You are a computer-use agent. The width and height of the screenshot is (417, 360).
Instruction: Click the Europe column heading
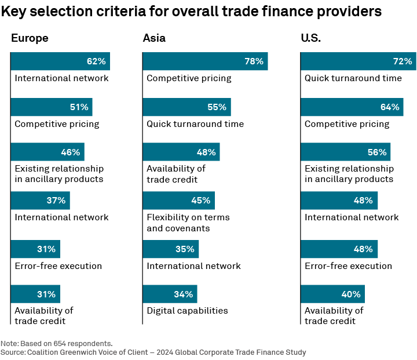click(x=30, y=38)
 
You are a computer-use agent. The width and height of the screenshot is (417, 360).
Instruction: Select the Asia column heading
click(x=154, y=38)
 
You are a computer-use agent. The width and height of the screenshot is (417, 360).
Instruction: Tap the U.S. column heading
click(x=311, y=38)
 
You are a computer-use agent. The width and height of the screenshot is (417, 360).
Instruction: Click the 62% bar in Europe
click(x=60, y=61)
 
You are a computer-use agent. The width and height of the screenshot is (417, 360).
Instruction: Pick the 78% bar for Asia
click(x=205, y=61)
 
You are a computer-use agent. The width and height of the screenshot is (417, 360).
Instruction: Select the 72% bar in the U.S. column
click(x=358, y=61)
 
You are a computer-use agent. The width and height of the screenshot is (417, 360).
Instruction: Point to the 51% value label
click(x=79, y=107)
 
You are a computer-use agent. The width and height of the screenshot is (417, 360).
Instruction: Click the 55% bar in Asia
click(x=186, y=107)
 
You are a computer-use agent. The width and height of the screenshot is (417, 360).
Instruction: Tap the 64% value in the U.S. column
click(x=390, y=107)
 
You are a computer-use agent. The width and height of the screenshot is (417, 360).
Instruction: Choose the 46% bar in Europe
click(x=47, y=152)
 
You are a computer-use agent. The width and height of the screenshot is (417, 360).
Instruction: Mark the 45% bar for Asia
click(x=179, y=201)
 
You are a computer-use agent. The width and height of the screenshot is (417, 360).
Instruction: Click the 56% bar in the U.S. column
click(x=345, y=152)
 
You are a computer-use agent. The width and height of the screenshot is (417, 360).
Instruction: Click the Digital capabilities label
click(x=187, y=311)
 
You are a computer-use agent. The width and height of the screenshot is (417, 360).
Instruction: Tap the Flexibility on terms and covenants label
click(x=188, y=223)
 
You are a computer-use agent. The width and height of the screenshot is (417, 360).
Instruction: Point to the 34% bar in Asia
click(x=170, y=294)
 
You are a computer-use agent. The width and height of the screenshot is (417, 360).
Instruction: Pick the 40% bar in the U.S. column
click(x=332, y=294)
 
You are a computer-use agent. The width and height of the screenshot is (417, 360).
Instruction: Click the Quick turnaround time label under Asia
click(x=195, y=124)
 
